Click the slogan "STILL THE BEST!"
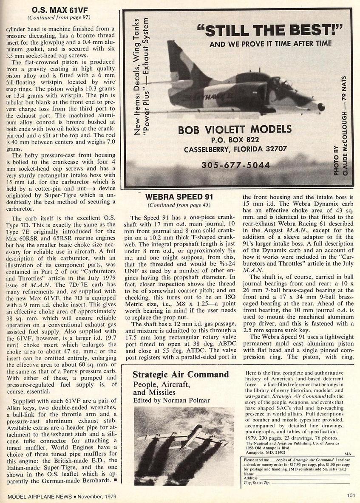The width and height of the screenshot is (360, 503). click(x=270, y=31)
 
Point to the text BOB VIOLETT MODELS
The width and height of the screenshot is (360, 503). click(x=235, y=129)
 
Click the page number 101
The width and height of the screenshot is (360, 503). click(x=350, y=496)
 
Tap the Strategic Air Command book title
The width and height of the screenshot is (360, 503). click(x=180, y=375)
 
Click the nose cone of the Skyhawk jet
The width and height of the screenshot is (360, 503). click(x=321, y=107)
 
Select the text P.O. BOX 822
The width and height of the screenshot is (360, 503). click(x=235, y=139)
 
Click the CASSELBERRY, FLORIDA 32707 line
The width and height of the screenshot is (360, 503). click(x=235, y=150)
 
